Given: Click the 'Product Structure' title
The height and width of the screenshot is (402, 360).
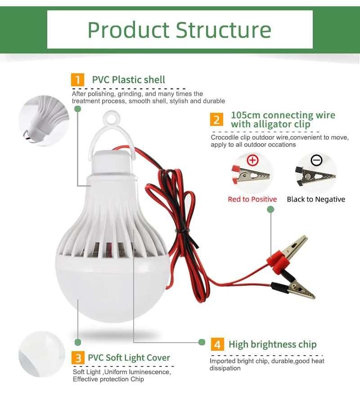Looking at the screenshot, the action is [x=180, y=29].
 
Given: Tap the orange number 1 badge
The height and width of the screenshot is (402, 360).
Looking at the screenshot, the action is [x=78, y=80].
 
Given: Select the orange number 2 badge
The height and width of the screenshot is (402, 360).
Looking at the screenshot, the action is [x=216, y=120].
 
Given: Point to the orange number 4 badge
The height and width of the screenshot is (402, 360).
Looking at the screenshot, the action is [x=217, y=345].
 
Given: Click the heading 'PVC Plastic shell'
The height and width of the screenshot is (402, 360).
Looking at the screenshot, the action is [x=128, y=80].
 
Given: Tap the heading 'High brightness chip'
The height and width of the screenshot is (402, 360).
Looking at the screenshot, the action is [x=272, y=345].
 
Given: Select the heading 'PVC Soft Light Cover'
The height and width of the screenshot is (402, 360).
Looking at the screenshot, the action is [x=129, y=358].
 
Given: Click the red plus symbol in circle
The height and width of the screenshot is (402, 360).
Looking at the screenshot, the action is [x=253, y=160].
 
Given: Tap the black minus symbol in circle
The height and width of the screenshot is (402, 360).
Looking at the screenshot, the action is [x=316, y=160].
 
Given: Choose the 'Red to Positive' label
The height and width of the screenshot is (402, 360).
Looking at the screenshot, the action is [x=252, y=199].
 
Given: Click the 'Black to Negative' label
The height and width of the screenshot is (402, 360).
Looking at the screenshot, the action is [x=316, y=199].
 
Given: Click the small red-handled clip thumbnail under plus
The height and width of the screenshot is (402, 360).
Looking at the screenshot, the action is [x=252, y=177].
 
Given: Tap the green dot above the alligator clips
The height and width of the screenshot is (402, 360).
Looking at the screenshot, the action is [x=270, y=210].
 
